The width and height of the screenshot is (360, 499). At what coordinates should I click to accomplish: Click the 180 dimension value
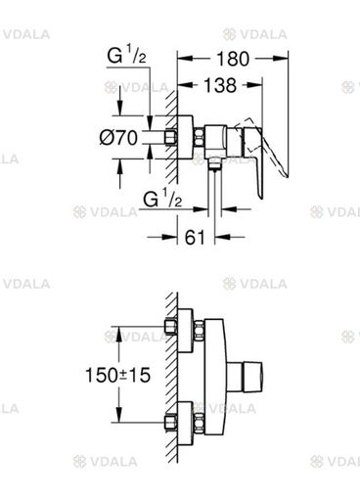tap(233, 59)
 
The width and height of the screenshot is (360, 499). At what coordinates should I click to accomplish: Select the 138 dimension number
tap(220, 85)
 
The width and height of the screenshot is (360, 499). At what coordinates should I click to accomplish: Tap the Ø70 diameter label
tap(118, 138)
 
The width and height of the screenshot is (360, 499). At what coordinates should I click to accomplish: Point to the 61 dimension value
tap(195, 237)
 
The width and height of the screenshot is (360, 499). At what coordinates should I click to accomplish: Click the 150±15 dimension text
tap(117, 375)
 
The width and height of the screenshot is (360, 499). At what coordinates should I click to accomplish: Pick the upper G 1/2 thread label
tap(126, 55)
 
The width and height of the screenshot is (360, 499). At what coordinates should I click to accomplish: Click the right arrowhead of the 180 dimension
tap(281, 59)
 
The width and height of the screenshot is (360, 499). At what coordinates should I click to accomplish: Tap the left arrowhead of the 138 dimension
tap(185, 85)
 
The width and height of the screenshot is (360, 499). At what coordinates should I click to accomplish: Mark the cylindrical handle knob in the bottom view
tap(245, 375)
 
